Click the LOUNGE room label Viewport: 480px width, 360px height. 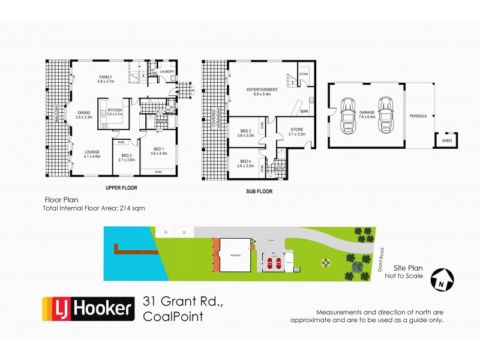click(x=92, y=153)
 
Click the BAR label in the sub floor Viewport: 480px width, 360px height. click(x=304, y=112)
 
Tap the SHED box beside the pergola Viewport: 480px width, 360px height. click(x=446, y=140)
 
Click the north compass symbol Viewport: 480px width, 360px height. click(x=443, y=278)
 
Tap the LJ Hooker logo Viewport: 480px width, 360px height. click(x=88, y=310)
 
